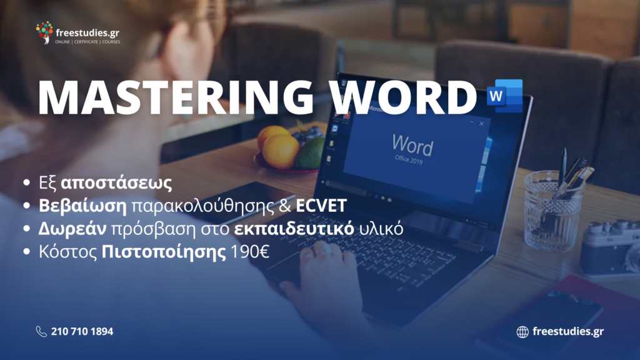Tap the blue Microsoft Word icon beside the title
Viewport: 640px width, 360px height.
pos(504,96)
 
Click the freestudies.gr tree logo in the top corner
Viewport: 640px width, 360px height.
pos(44,32)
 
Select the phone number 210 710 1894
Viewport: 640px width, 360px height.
pos(82,331)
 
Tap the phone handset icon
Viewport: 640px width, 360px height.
pos(41,331)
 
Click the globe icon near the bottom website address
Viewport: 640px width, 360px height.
pos(522,332)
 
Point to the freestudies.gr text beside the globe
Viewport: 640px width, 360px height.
pos(568,331)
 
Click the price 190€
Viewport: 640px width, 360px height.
pos(250,252)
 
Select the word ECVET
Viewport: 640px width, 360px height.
pos(321,206)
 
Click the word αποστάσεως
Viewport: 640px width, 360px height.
pos(116,183)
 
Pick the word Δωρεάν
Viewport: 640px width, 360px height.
pos(72,229)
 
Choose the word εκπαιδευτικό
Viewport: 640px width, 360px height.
pos(294,229)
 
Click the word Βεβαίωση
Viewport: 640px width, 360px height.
pos(83,206)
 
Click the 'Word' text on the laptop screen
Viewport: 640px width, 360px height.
pos(412,145)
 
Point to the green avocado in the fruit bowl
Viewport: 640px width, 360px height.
pos(310,154)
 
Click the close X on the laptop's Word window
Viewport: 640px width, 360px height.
pos(482,124)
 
